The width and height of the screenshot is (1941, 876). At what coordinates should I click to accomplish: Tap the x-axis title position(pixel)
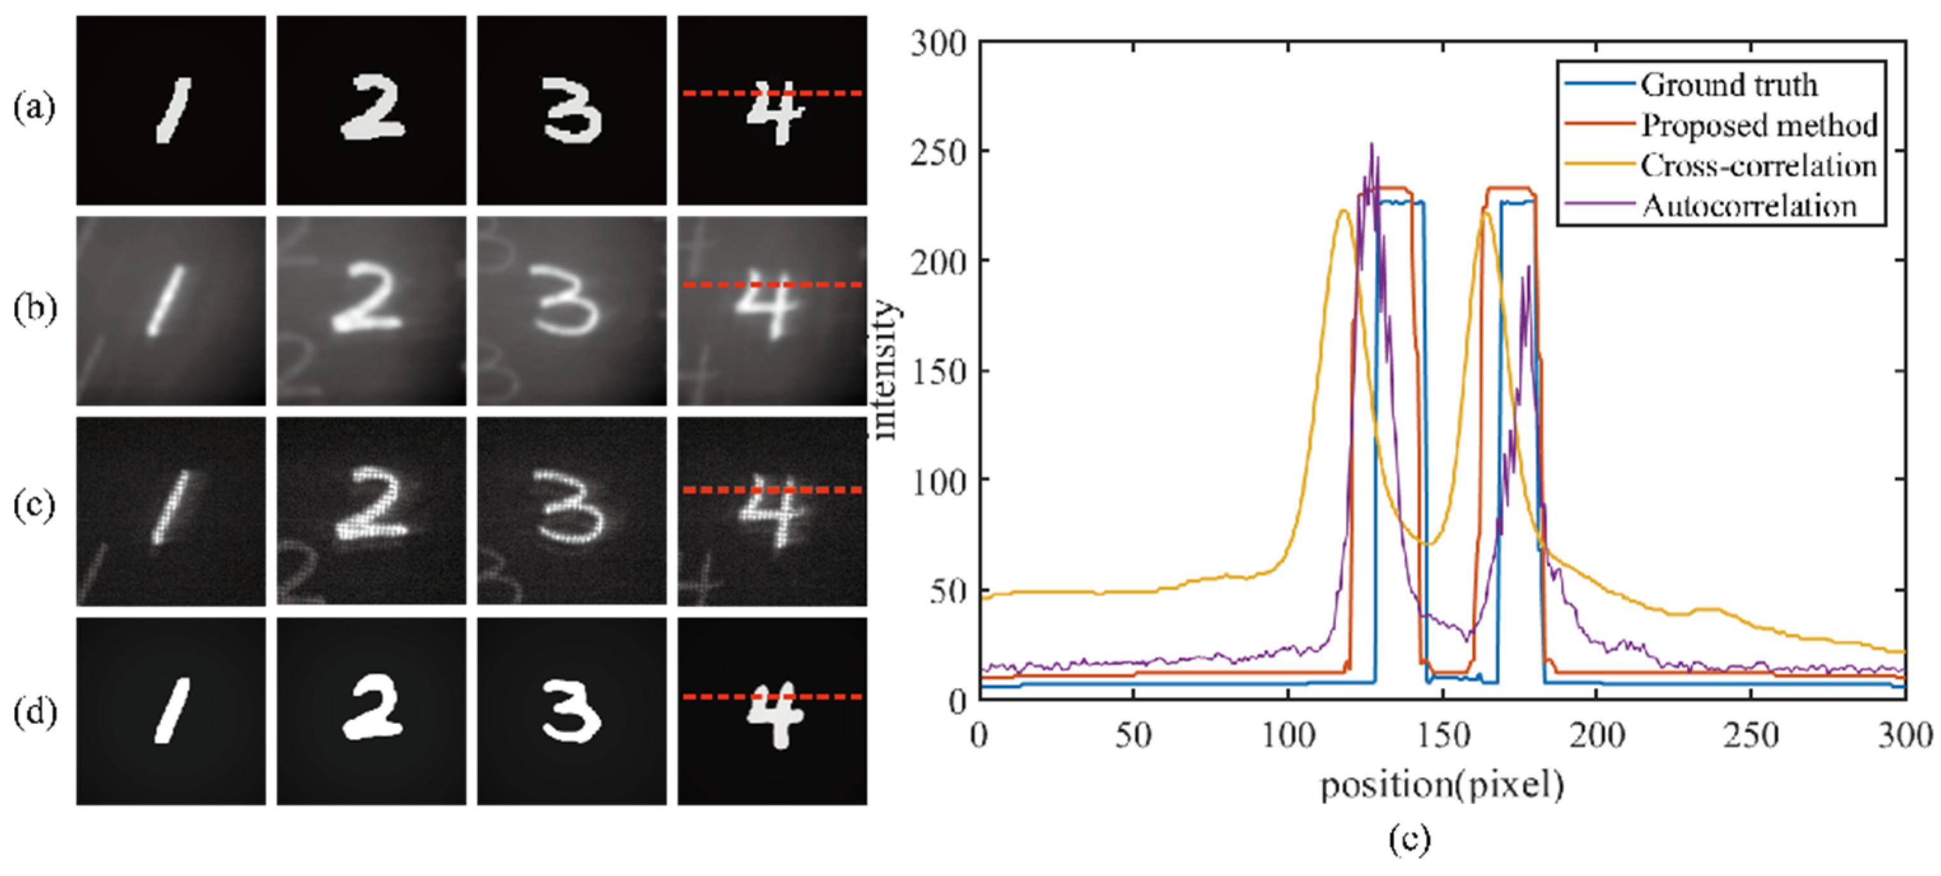(x=1441, y=785)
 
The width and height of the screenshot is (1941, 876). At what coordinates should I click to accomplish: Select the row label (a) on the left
(x=34, y=108)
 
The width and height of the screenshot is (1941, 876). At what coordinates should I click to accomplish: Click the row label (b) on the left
(x=34, y=309)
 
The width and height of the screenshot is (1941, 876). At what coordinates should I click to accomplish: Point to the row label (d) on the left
(x=34, y=712)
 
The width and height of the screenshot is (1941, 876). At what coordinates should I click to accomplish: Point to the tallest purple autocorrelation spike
(x=1371, y=144)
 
